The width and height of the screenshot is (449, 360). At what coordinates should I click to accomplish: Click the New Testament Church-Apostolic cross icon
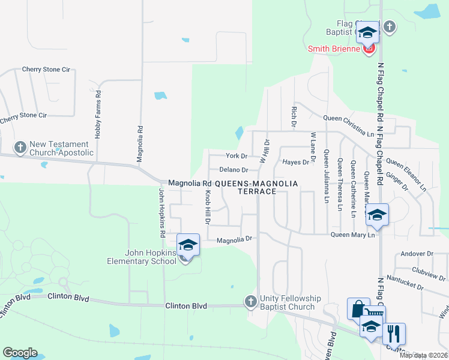[x=19, y=147]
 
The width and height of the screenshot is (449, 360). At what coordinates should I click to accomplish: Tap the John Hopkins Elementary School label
[x=142, y=257]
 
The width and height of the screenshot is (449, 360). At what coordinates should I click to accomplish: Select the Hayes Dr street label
[x=295, y=162]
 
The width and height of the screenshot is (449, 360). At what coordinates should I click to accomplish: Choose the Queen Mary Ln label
[x=352, y=235]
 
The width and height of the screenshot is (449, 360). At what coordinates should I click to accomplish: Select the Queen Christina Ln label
[x=357, y=118]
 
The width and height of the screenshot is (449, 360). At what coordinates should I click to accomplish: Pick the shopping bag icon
[x=358, y=308]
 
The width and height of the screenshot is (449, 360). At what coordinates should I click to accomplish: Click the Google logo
[x=20, y=353]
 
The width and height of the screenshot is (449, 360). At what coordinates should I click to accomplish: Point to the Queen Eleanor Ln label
[x=406, y=173]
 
